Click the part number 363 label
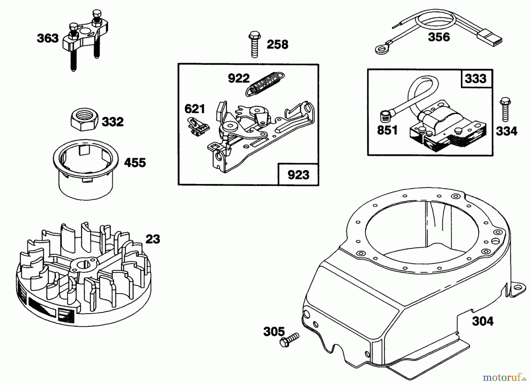tap(48, 38)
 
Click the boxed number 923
tap(298, 175)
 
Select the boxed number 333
tap(476, 79)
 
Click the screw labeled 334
tap(505, 110)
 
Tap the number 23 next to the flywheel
tap(153, 239)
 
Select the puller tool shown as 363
tap(82, 44)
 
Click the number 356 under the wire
tap(439, 37)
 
